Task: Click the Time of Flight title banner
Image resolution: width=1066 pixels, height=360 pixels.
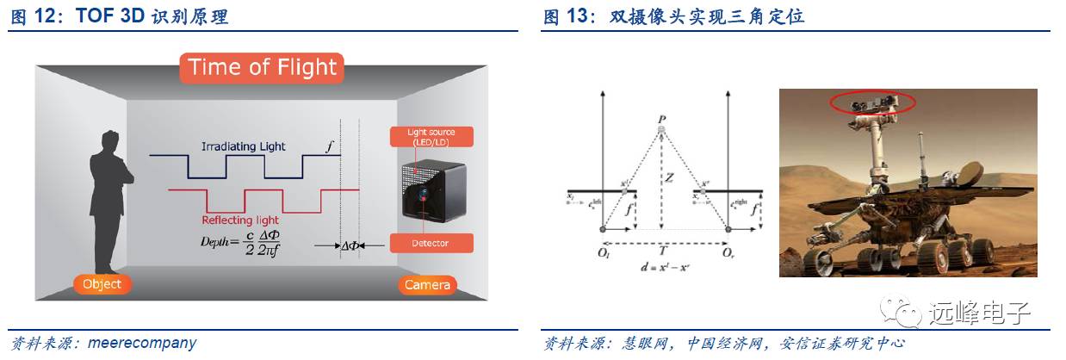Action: pos(263,67)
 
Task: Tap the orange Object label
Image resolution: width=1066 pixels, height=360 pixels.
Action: pos(102,283)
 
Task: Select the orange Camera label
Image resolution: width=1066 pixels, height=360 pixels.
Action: pos(427,284)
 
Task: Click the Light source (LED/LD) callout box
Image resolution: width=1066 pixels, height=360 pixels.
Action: pos(431,137)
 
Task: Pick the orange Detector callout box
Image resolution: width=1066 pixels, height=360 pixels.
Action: pos(431,243)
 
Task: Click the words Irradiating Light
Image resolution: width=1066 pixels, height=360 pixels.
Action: pos(244,146)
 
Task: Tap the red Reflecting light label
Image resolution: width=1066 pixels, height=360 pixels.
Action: pos(240,219)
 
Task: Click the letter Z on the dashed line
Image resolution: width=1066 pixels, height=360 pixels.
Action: pos(667,178)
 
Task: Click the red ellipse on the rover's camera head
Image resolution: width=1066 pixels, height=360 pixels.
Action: pos(872,103)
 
